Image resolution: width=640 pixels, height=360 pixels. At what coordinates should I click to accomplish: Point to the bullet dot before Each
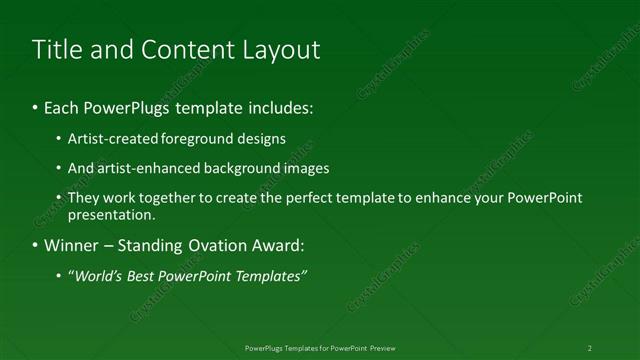point(36,107)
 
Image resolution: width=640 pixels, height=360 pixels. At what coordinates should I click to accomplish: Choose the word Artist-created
point(110,139)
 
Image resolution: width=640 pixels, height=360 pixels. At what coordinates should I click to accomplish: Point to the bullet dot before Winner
point(36,245)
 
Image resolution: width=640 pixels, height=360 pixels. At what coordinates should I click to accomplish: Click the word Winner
point(69,245)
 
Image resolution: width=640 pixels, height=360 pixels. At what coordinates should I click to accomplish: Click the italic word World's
point(97,275)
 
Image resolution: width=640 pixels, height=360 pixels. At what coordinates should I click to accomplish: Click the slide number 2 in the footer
point(589,348)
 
